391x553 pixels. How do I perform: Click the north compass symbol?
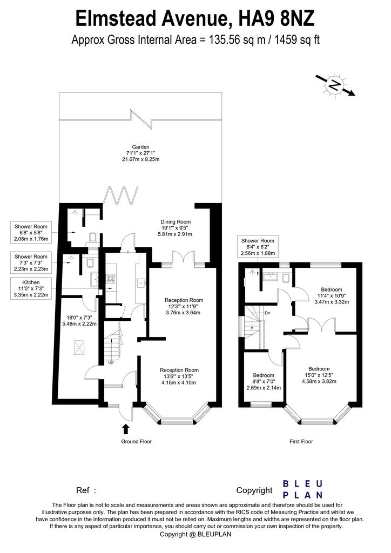(x=335, y=85)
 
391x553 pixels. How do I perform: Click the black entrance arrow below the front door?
(x=125, y=429)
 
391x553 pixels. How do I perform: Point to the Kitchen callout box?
(x=31, y=288)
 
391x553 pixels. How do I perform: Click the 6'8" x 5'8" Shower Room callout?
(x=31, y=233)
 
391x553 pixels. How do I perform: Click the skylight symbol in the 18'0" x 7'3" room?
(x=80, y=348)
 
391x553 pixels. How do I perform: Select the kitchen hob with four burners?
(x=111, y=279)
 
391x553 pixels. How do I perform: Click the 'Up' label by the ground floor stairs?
(x=111, y=362)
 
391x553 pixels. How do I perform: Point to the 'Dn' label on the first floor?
(x=268, y=313)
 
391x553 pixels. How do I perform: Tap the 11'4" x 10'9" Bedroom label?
(x=332, y=296)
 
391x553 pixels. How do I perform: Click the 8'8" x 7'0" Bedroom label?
(x=264, y=382)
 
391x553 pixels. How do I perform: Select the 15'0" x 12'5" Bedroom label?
(x=319, y=375)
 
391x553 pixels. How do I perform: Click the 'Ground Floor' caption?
(x=137, y=442)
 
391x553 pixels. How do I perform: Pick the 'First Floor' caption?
(x=301, y=442)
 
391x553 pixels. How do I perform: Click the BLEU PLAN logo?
(x=303, y=489)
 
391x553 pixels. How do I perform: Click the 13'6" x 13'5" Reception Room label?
(x=179, y=376)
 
